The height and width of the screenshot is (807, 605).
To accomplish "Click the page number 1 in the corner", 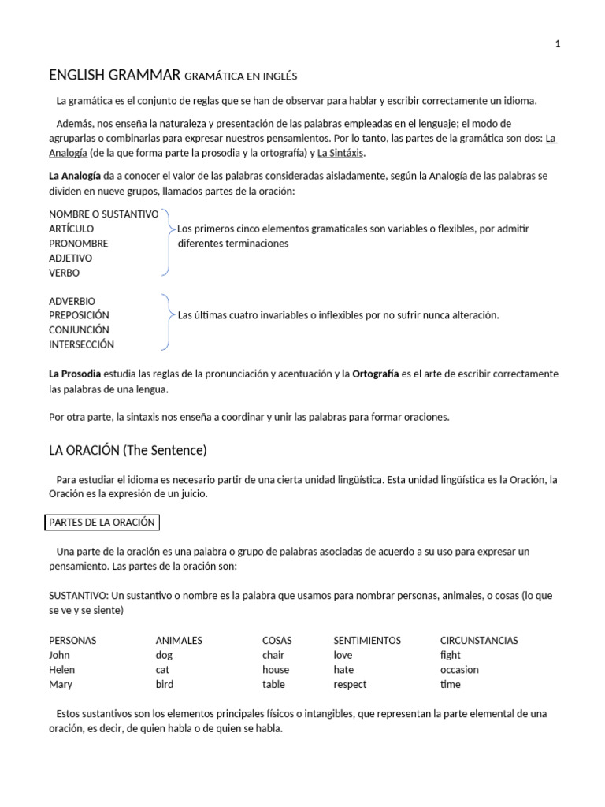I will (x=558, y=44).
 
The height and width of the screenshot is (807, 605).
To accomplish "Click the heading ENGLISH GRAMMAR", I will (x=114, y=76).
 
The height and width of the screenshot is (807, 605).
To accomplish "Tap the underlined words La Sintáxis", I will (x=341, y=153).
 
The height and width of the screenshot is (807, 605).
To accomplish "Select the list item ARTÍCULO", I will (x=71, y=229).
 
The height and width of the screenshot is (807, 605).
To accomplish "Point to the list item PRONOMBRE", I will (x=78, y=244).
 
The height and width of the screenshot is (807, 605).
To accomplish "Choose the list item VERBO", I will (x=64, y=273).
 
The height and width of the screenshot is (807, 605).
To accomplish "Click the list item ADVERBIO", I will (x=72, y=301).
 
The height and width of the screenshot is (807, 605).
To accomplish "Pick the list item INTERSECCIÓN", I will (x=81, y=344).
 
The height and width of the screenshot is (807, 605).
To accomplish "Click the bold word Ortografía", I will (x=375, y=374).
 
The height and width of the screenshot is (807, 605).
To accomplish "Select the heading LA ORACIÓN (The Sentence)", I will (x=128, y=451).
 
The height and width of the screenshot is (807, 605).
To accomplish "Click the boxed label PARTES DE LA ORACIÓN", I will (x=102, y=523).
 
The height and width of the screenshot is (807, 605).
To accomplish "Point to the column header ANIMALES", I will (x=179, y=641).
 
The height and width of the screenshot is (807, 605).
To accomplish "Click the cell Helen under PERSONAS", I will (x=61, y=670).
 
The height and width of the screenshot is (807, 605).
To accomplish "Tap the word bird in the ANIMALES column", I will (x=165, y=684).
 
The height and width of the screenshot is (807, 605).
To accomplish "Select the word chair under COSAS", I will (x=273, y=655).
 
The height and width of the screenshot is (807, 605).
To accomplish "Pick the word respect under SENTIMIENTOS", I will (x=350, y=684).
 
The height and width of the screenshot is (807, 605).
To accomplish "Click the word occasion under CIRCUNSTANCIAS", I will (x=459, y=670).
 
